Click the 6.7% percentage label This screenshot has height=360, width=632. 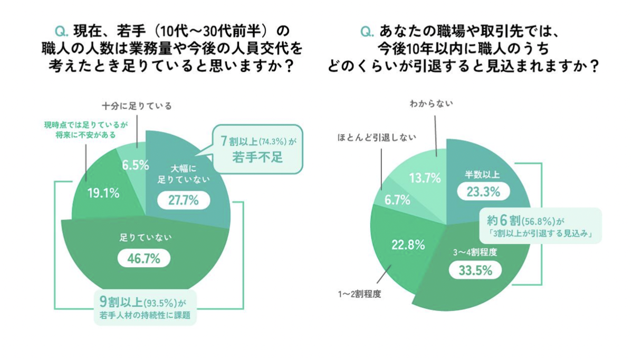(x=394, y=200)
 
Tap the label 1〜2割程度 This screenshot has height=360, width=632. (x=361, y=293)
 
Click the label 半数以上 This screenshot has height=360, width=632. (x=482, y=174)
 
